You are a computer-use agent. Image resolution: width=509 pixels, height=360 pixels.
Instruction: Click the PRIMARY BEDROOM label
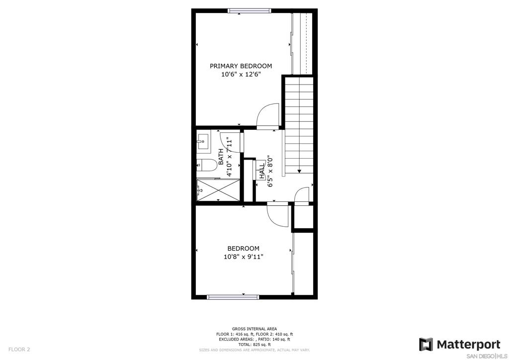[241, 66]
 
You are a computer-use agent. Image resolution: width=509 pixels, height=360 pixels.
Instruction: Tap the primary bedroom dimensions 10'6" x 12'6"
[241, 75]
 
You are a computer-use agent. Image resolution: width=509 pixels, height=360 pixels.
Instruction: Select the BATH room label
[221, 157]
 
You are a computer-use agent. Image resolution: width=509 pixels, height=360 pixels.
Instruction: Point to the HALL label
[261, 171]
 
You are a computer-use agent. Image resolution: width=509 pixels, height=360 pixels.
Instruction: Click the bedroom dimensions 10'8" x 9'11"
[244, 257]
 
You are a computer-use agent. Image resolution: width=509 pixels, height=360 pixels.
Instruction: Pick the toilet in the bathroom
[207, 165]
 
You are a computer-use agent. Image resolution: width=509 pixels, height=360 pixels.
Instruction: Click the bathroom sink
[203, 142]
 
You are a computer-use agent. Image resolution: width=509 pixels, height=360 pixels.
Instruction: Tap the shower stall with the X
[218, 190]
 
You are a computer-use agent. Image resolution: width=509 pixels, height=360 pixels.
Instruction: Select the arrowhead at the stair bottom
[299, 171]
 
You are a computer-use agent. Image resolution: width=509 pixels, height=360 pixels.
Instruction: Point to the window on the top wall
[250, 11]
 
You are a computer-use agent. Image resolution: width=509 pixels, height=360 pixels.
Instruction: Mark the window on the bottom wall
[233, 297]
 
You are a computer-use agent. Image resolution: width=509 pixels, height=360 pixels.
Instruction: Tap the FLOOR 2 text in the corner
[19, 350]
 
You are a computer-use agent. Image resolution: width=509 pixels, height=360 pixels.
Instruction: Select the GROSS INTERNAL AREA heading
[254, 329]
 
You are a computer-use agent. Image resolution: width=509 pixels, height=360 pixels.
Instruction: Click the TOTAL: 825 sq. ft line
[254, 345]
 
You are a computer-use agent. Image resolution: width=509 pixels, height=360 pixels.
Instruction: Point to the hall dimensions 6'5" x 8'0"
[269, 171]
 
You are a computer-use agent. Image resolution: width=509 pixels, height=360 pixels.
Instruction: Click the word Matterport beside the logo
[469, 344]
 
